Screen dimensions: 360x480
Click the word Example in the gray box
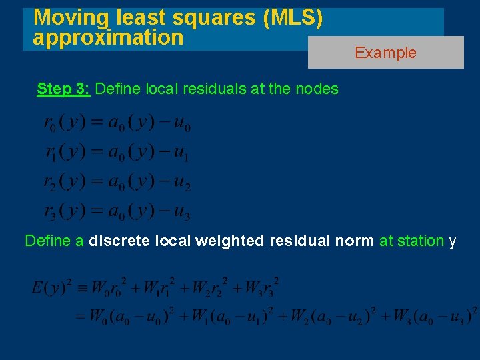tap(385, 53)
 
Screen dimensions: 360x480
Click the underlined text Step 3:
tap(64, 89)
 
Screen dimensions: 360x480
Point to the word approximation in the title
tap(108, 37)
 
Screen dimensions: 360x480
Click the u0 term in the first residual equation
tap(182, 123)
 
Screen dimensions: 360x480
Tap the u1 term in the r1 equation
tap(182, 153)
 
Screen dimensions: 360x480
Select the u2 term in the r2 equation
tap(182, 182)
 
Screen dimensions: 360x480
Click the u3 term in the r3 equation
tap(182, 213)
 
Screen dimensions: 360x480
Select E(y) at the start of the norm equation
tap(48, 289)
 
